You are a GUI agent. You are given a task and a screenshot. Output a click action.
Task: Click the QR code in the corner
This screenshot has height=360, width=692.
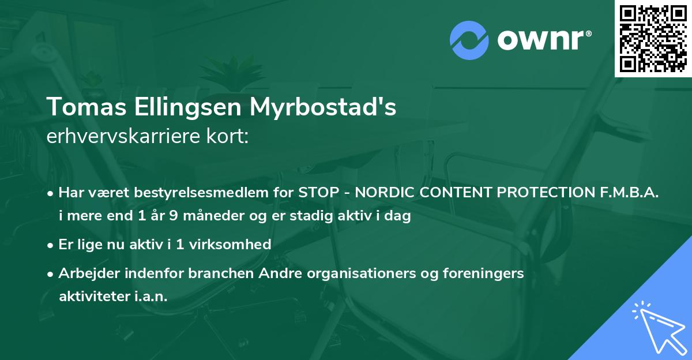coord(653,38)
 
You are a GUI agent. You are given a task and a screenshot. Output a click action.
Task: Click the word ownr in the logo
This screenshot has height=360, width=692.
coord(540,40)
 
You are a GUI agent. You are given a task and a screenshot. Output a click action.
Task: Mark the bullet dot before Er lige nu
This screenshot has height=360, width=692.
coord(51,245)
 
